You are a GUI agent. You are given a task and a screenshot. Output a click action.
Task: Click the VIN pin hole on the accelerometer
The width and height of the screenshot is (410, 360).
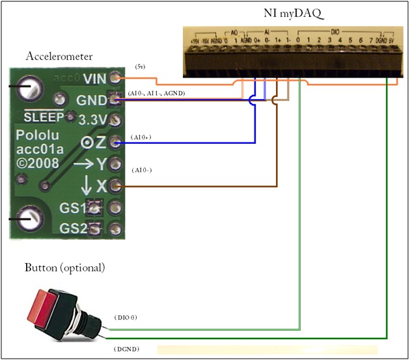point(115,77)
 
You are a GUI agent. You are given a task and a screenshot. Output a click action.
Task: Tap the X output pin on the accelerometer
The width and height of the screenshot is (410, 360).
point(115,187)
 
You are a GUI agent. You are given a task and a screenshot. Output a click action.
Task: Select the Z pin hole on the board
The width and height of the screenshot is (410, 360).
point(115,142)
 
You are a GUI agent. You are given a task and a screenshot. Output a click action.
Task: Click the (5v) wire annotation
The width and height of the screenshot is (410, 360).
point(140,66)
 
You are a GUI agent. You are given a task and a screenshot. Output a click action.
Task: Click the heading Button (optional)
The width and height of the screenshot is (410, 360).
point(64,268)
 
